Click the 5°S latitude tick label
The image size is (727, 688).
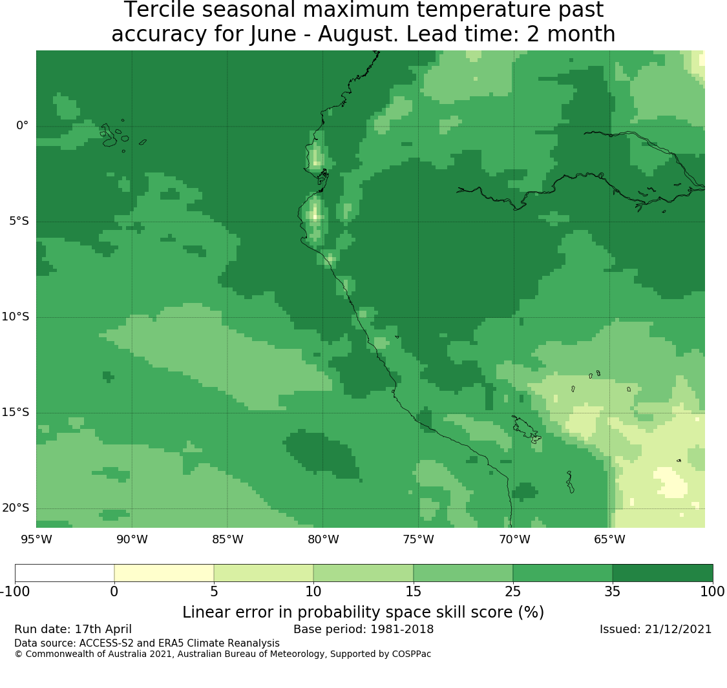pyautogui.click(x=19, y=221)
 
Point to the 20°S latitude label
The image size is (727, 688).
pyautogui.click(x=16, y=508)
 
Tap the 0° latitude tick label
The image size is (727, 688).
pyautogui.click(x=22, y=125)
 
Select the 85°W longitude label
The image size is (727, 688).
pyautogui.click(x=227, y=539)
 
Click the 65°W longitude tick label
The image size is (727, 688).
pyautogui.click(x=609, y=539)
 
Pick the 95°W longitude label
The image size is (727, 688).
pyautogui.click(x=37, y=539)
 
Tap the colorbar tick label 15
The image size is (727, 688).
pyautogui.click(x=413, y=592)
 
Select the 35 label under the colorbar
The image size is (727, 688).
pyautogui.click(x=613, y=592)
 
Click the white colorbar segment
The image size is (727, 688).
pyautogui.click(x=65, y=573)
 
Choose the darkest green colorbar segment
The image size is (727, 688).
pyautogui.click(x=662, y=573)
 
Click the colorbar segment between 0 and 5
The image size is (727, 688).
pyautogui.click(x=163, y=573)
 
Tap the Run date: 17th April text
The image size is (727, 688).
pyautogui.click(x=73, y=629)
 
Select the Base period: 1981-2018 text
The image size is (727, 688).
pyautogui.click(x=363, y=629)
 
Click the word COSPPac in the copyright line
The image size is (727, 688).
pyautogui.click(x=411, y=654)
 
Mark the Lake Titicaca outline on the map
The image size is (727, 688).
pyautogui.click(x=526, y=430)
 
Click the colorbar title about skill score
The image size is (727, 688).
pyautogui.click(x=363, y=612)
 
